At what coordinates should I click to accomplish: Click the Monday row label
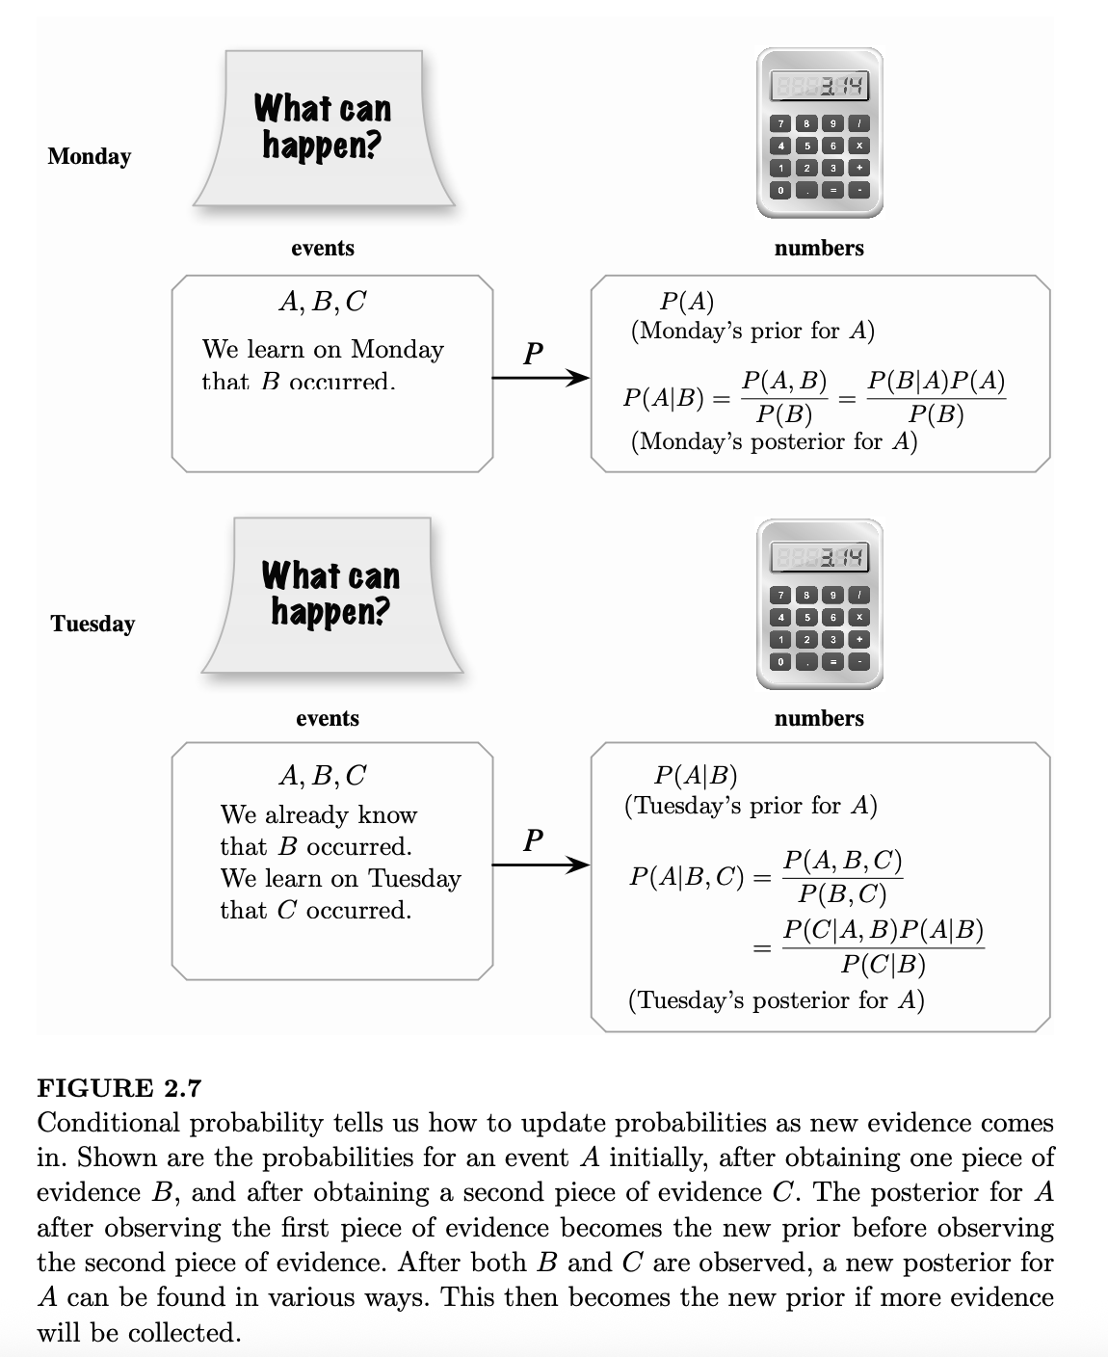(89, 156)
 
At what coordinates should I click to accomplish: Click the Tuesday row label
(92, 624)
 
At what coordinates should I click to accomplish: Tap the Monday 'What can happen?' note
(323, 128)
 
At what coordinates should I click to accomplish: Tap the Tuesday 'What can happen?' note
(330, 595)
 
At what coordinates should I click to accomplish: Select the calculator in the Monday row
(819, 133)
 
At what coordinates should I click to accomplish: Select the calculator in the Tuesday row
(819, 604)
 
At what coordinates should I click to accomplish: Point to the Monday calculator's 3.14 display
(819, 88)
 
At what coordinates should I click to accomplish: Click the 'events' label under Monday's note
(323, 248)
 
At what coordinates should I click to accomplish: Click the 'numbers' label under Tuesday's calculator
(819, 718)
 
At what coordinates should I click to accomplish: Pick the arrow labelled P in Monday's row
(540, 377)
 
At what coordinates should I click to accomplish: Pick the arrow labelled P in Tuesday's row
(540, 865)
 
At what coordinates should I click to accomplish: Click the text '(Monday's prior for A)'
(752, 332)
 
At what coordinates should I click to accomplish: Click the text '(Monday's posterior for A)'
(774, 441)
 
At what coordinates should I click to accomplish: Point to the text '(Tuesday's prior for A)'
(751, 805)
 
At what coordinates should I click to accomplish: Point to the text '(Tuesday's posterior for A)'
(776, 999)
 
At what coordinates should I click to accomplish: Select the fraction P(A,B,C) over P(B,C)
(842, 877)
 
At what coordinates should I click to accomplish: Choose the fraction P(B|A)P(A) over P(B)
(936, 397)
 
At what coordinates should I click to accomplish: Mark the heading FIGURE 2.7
(119, 1088)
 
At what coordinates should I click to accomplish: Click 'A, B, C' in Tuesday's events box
(322, 775)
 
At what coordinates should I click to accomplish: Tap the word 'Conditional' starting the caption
(108, 1123)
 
